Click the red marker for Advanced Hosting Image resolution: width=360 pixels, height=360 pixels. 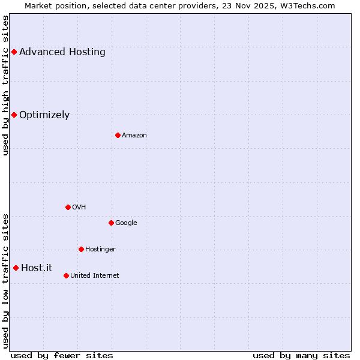tap(14, 52)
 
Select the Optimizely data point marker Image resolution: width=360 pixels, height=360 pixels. tap(14, 115)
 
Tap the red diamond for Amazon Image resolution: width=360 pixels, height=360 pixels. tap(118, 135)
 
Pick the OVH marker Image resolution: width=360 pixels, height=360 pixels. tap(68, 207)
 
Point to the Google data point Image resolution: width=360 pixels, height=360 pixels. tap(111, 223)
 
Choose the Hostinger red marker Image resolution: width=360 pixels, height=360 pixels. tap(81, 249)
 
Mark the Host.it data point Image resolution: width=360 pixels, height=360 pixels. tap(16, 268)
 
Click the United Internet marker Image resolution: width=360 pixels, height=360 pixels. tap(66, 275)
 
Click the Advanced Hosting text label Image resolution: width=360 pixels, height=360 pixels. tap(62, 52)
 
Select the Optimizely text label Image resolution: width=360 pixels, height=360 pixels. tap(44, 115)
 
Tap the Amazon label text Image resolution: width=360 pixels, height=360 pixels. tap(134, 136)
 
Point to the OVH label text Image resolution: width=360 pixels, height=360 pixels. tap(79, 208)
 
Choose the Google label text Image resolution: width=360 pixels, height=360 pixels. tap(126, 223)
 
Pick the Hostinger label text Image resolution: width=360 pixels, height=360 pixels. tap(100, 250)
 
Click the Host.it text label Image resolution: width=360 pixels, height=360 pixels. tap(37, 268)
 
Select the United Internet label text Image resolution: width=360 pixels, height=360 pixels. tap(95, 276)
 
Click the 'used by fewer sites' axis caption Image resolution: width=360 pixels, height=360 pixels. tap(62, 356)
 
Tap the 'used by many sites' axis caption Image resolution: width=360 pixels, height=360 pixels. tap(301, 356)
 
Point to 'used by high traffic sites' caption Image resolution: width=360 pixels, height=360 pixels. tap(5, 86)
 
